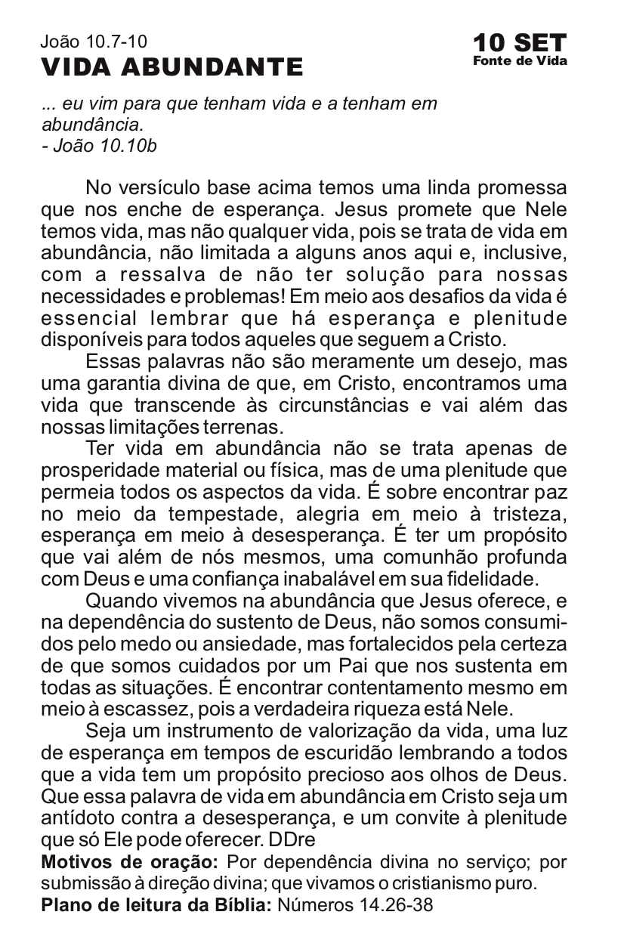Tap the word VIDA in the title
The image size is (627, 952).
[x=76, y=68]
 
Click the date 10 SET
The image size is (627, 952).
[x=520, y=42]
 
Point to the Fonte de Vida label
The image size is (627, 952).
[x=520, y=61]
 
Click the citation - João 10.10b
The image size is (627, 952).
[x=99, y=146]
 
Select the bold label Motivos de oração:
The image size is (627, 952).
[x=130, y=862]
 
